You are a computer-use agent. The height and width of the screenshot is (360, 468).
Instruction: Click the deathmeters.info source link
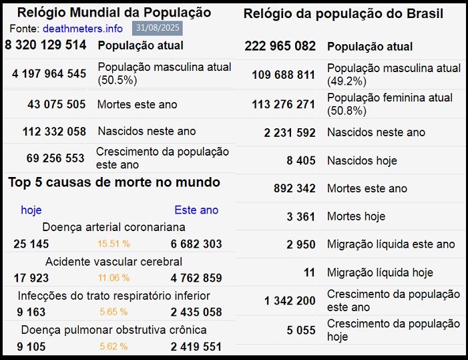pos(82,29)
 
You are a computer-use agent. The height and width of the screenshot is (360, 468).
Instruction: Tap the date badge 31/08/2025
pos(158,28)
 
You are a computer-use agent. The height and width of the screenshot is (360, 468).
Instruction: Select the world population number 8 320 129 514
pos(45,45)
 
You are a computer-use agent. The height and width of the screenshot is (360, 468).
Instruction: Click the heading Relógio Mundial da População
pos(114,13)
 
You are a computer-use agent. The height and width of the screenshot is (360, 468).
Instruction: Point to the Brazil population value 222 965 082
pos(280,46)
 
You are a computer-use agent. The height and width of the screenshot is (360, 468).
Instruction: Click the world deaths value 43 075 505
pos(57,104)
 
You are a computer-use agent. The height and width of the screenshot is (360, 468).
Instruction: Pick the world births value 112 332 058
pos(54,132)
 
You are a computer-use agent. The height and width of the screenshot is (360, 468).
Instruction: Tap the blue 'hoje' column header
pos(31,210)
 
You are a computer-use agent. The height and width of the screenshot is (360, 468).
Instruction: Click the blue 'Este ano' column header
pos(196,210)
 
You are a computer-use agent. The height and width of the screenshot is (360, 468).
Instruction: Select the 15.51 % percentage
pos(113,244)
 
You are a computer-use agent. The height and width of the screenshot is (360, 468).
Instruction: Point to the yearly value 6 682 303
pos(196,244)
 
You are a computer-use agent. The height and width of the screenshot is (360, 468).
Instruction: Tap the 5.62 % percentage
pos(113,347)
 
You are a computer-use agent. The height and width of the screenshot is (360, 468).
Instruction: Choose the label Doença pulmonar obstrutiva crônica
pos(113,330)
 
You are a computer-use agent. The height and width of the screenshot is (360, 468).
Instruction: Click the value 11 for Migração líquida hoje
pos(308,273)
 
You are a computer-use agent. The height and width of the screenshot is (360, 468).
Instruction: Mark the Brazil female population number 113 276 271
pos(283,104)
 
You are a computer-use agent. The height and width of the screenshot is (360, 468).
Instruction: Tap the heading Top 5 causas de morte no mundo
pos(114,182)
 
